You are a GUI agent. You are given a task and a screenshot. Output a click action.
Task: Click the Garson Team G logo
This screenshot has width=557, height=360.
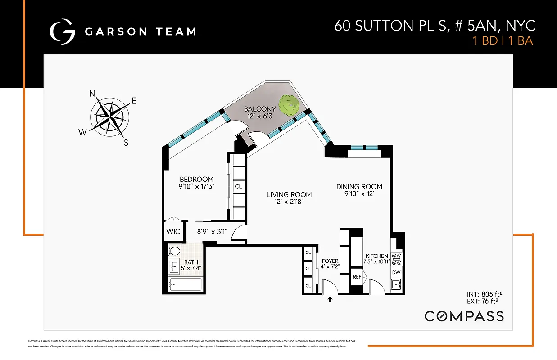coord(62,31)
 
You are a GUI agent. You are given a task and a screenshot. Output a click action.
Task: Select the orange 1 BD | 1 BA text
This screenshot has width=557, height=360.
coord(502,41)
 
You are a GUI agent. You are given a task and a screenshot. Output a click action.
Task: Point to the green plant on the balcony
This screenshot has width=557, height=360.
coord(288,105)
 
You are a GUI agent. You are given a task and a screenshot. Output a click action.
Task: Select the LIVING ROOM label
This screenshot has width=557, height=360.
coord(289,195)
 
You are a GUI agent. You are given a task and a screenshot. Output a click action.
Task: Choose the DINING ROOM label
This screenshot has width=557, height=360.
coord(359,186)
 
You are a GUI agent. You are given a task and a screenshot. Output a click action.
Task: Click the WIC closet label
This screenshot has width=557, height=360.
coord(173,232)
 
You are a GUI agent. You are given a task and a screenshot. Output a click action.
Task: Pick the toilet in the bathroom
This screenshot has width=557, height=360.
coord(174,251)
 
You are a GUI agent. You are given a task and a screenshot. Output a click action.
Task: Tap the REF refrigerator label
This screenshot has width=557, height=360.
coord(357,277)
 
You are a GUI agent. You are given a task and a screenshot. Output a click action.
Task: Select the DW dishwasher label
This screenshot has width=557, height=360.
coord(396,272)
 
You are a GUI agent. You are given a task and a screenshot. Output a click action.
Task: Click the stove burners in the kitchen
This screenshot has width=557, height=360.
coord(397,259)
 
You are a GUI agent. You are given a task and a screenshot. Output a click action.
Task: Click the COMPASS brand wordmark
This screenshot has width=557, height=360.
coord(464,316)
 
